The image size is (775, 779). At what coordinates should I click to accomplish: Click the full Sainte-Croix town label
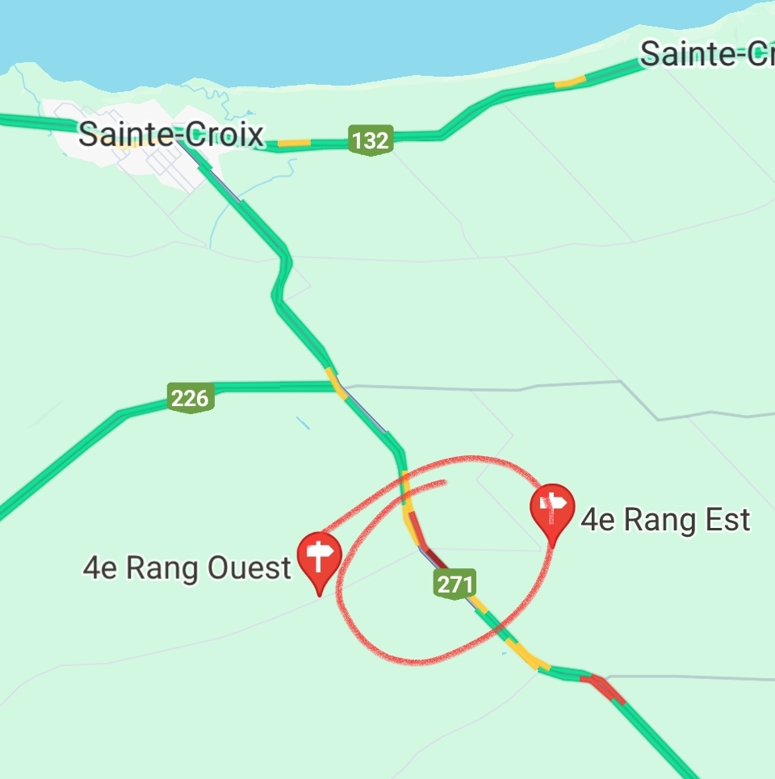tap(170, 134)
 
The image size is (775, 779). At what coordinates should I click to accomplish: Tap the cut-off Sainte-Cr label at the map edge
tap(706, 54)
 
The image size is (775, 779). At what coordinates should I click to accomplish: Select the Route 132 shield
tap(371, 140)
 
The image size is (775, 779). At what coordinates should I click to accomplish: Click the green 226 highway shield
tap(191, 397)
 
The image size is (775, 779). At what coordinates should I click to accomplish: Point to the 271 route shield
tap(455, 584)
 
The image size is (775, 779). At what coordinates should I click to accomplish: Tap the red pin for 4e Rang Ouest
tap(320, 559)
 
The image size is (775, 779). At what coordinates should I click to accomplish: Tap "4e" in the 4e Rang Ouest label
tap(101, 568)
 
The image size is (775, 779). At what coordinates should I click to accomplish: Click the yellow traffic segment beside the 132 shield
tap(294, 143)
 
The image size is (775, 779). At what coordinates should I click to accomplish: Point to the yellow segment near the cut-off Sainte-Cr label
tap(569, 82)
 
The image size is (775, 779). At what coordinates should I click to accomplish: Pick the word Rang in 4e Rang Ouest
tap(165, 568)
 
